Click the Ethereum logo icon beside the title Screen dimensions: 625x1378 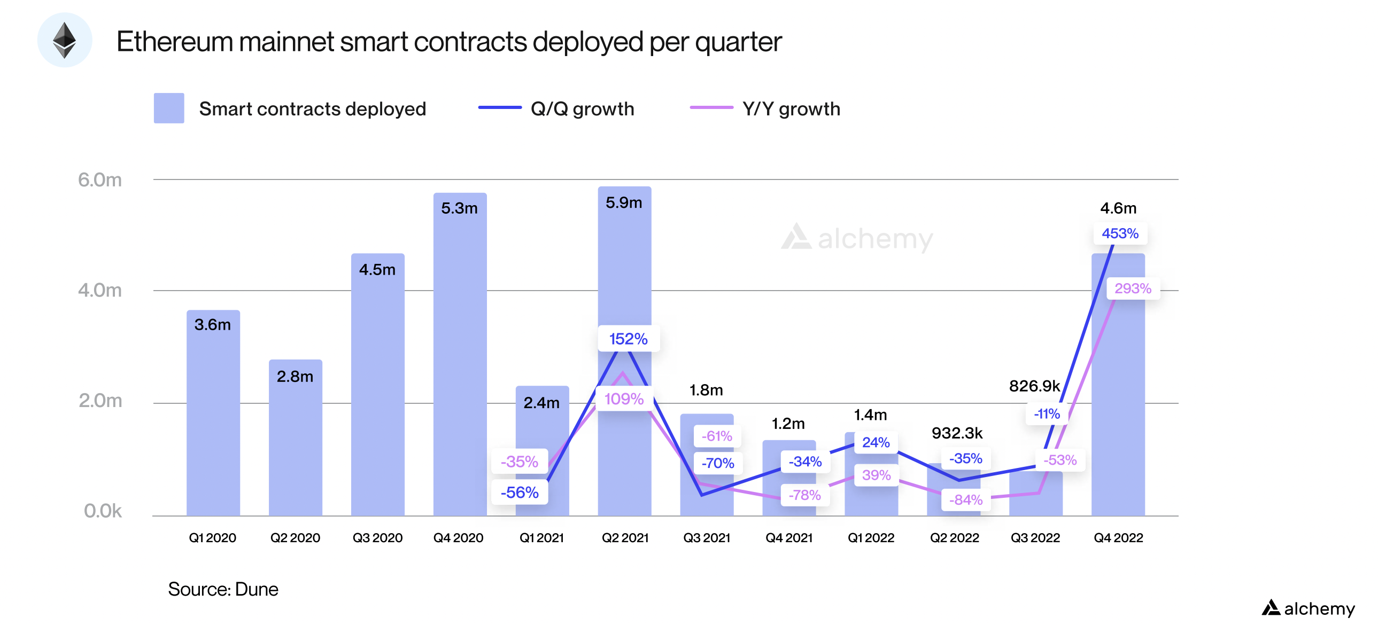[x=64, y=40]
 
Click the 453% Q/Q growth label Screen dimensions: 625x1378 [x=1120, y=233]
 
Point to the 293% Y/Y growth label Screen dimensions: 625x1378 [x=1133, y=288]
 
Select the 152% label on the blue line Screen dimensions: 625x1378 [x=628, y=339]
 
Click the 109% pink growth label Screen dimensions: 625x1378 [x=624, y=399]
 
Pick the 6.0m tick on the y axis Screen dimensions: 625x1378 [x=99, y=179]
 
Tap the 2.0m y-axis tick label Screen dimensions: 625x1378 [x=100, y=401]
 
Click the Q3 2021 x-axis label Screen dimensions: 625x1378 [x=707, y=538]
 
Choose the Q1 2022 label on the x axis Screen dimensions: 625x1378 [x=871, y=538]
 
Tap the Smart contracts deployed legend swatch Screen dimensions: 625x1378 [x=169, y=108]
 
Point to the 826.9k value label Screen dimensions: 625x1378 [x=1034, y=386]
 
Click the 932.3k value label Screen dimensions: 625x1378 [x=957, y=433]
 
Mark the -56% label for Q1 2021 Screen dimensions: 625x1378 [x=520, y=493]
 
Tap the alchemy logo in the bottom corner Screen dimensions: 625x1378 [x=1309, y=608]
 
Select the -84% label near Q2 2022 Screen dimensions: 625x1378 [x=965, y=500]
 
